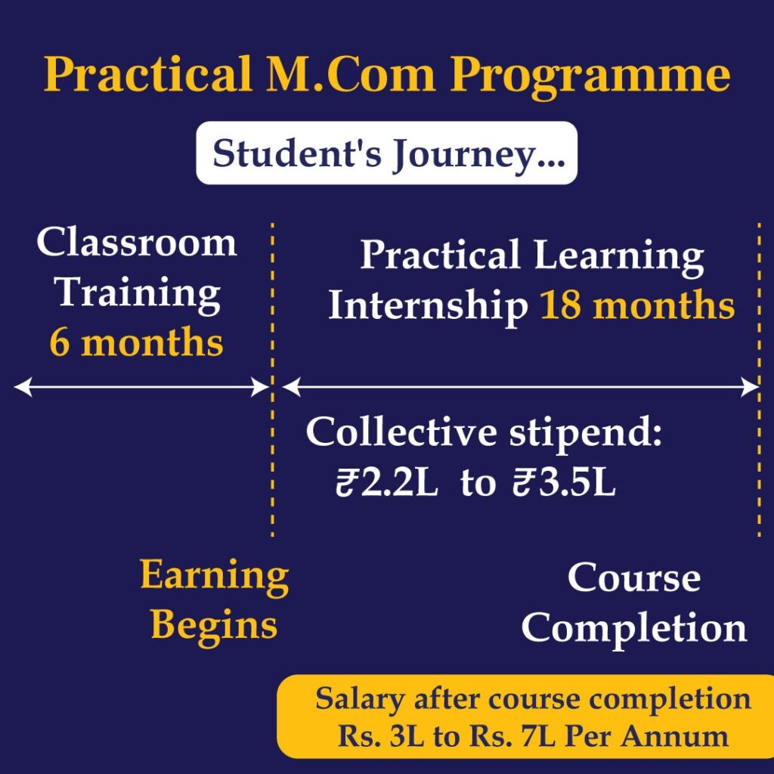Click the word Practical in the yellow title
tap(147, 74)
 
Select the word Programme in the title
tap(590, 76)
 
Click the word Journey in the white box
tap(478, 154)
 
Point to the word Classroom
tap(137, 243)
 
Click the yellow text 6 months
tap(136, 342)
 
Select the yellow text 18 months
tap(637, 305)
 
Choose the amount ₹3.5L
tap(564, 483)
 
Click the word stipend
tap(585, 433)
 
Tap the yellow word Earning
tap(214, 577)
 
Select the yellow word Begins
tap(214, 627)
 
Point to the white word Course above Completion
tap(634, 577)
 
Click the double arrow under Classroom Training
tap(141, 387)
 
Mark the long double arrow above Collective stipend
tap(520, 387)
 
